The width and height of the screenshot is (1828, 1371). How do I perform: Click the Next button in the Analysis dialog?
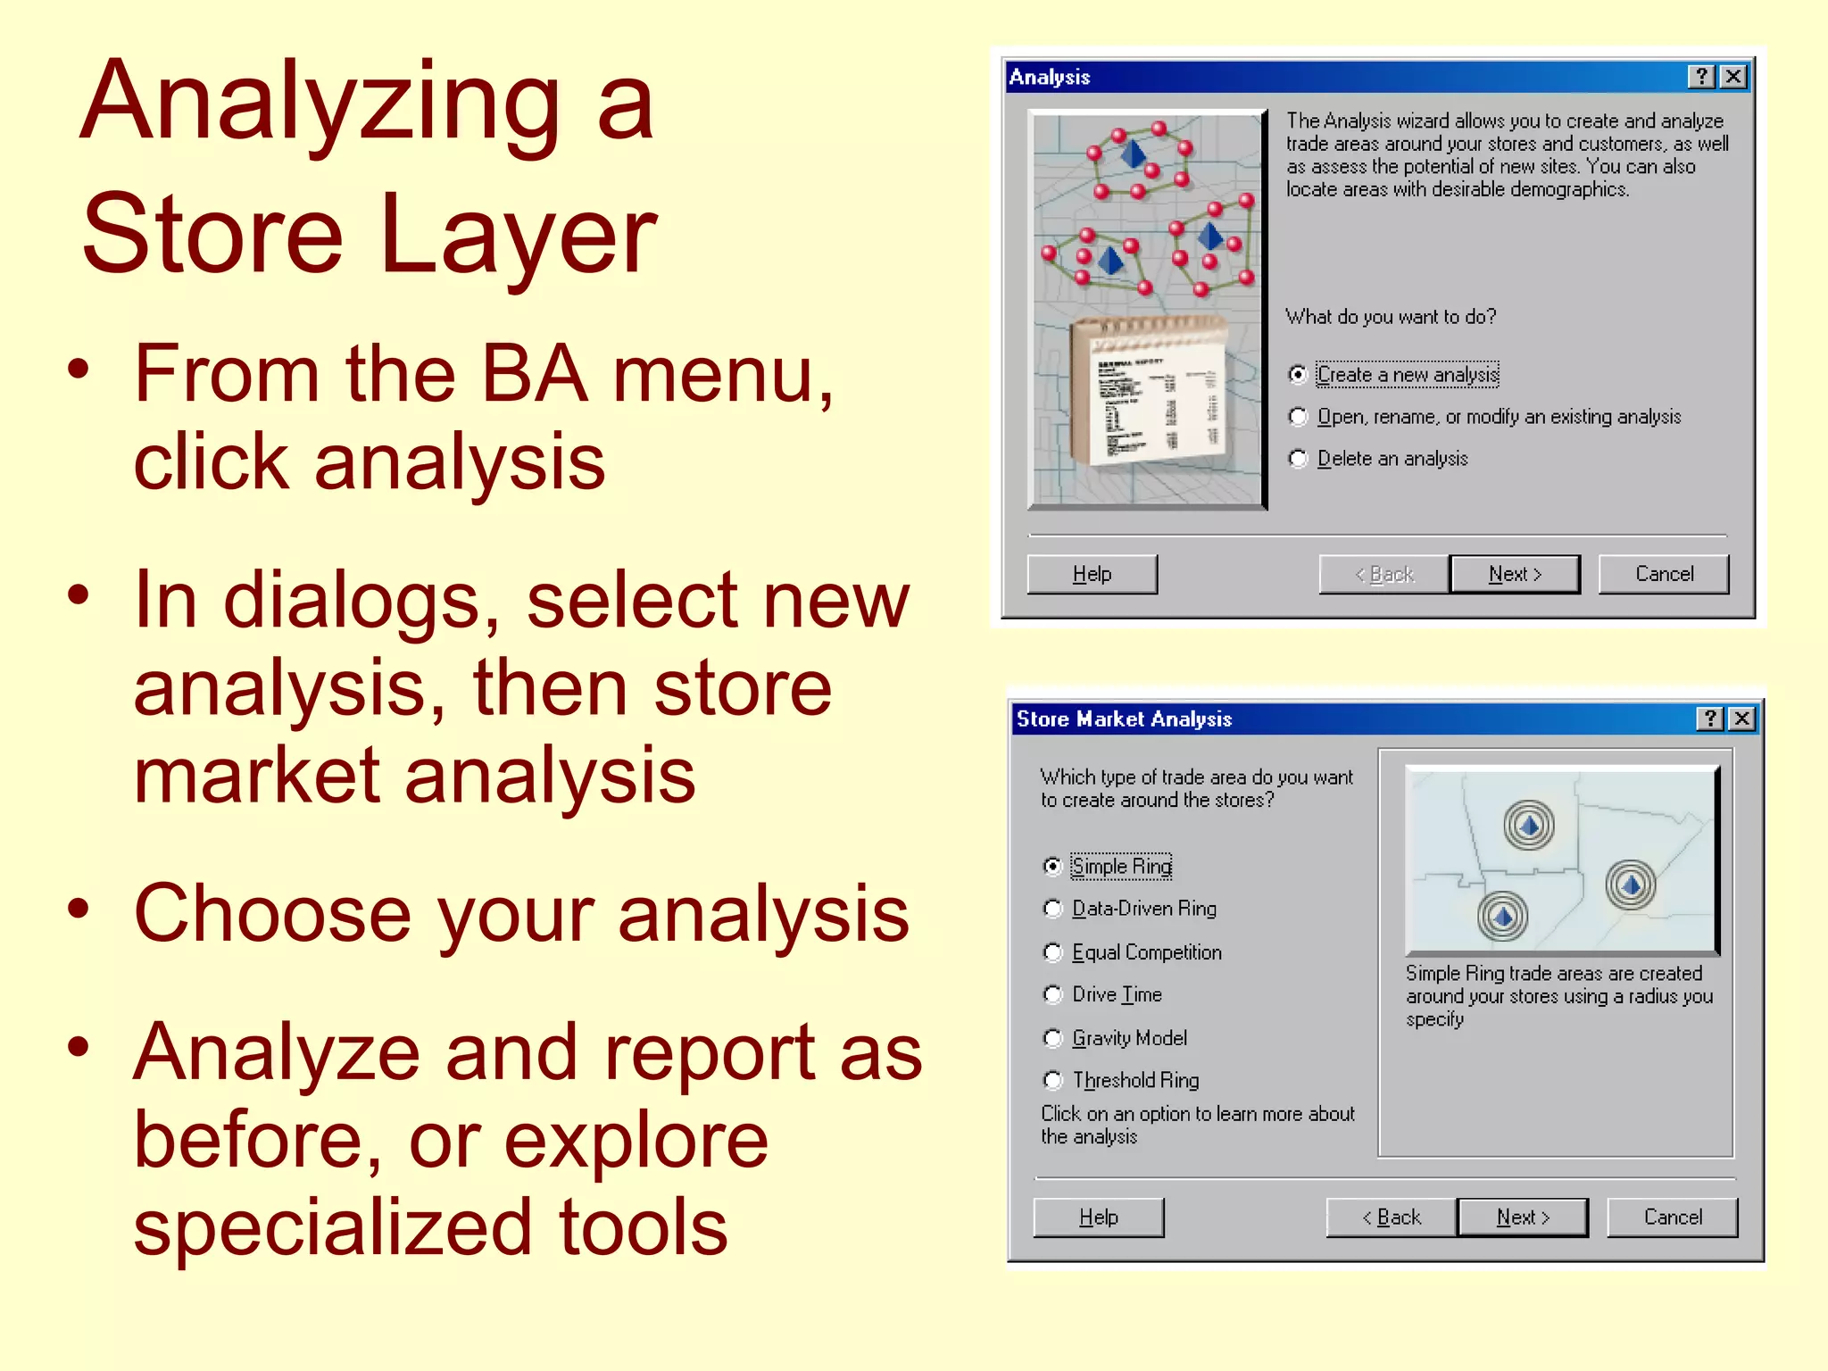[1515, 574]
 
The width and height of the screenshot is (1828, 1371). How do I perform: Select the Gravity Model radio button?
[1053, 1038]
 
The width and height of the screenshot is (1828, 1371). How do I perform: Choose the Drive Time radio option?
[1053, 994]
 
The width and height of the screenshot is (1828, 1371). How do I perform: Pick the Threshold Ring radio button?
[1053, 1081]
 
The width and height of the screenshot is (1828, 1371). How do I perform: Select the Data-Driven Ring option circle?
[1053, 909]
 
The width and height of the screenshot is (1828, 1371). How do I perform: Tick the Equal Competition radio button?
[1053, 952]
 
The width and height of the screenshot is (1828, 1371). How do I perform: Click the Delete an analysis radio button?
[1299, 459]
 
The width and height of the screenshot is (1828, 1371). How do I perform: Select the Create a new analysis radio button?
[1299, 375]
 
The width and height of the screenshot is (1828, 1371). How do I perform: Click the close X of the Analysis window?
[1732, 77]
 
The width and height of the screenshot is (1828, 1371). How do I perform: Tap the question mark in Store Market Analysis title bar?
[1709, 719]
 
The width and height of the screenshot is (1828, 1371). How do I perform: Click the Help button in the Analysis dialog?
[1092, 574]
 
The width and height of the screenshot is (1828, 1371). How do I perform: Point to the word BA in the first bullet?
[534, 375]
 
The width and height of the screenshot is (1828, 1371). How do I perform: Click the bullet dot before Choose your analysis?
[79, 909]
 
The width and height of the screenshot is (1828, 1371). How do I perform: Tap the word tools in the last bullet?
[643, 1228]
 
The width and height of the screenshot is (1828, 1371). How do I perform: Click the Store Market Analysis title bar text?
[1124, 719]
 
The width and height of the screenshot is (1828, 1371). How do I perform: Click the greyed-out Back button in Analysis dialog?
[1383, 574]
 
